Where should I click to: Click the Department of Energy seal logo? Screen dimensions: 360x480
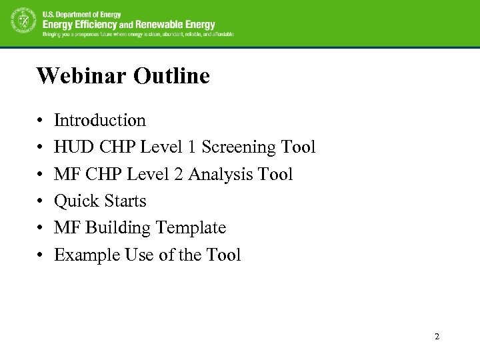point(23,23)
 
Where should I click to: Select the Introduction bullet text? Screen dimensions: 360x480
point(100,121)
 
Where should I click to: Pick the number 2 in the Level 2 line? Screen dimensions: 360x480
point(179,175)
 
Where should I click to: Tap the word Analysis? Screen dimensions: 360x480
point(220,175)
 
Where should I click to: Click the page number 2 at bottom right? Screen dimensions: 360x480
point(437,337)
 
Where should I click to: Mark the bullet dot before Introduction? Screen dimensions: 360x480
point(40,121)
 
